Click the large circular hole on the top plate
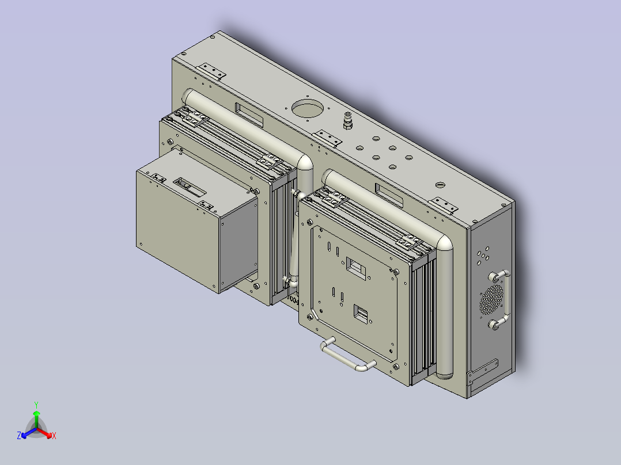(x=308, y=109)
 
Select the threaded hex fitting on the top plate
(x=347, y=121)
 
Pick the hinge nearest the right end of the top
(x=444, y=205)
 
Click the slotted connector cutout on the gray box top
(x=190, y=186)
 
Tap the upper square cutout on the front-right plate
(x=356, y=267)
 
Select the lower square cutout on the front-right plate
(x=362, y=314)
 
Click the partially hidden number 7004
(x=292, y=300)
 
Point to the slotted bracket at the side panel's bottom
(x=482, y=371)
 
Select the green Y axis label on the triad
(x=36, y=405)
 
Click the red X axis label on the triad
(x=54, y=436)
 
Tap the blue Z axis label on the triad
(x=19, y=436)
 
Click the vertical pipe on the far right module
(x=444, y=311)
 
